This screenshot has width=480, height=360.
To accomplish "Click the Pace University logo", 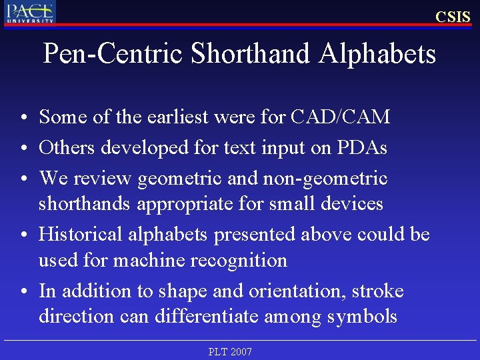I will tap(31, 12).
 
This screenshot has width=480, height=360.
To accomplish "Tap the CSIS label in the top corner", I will tap(453, 17).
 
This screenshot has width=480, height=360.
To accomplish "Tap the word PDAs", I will tap(363, 147).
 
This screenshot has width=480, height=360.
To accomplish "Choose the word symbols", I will tap(363, 317).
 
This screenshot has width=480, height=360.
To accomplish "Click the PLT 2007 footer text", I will tap(230, 351).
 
